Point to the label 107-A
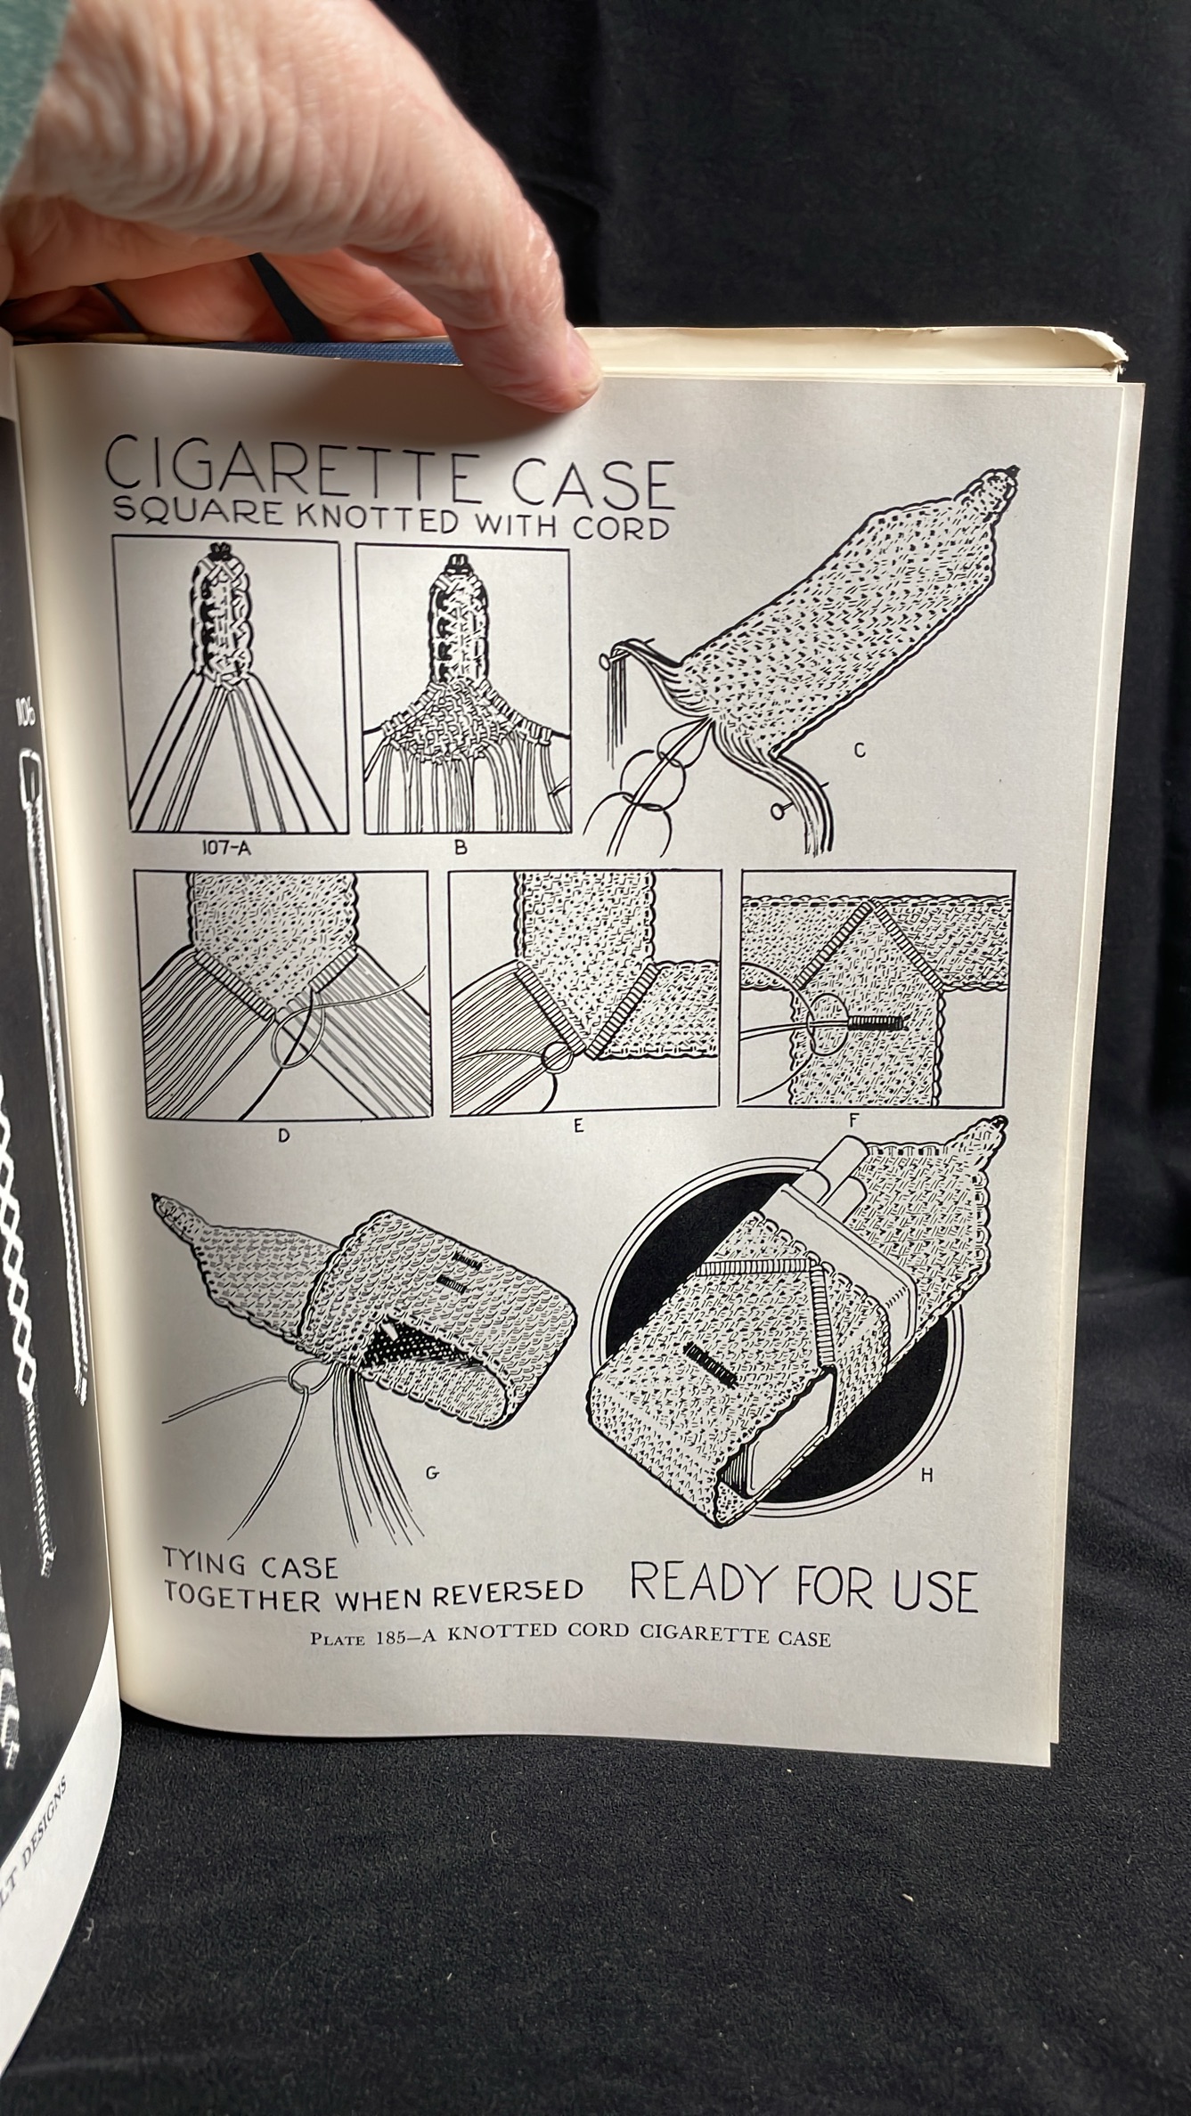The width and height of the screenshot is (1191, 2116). [225, 849]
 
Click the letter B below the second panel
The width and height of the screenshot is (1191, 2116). [461, 849]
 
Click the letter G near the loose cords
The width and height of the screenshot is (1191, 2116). [432, 1472]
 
